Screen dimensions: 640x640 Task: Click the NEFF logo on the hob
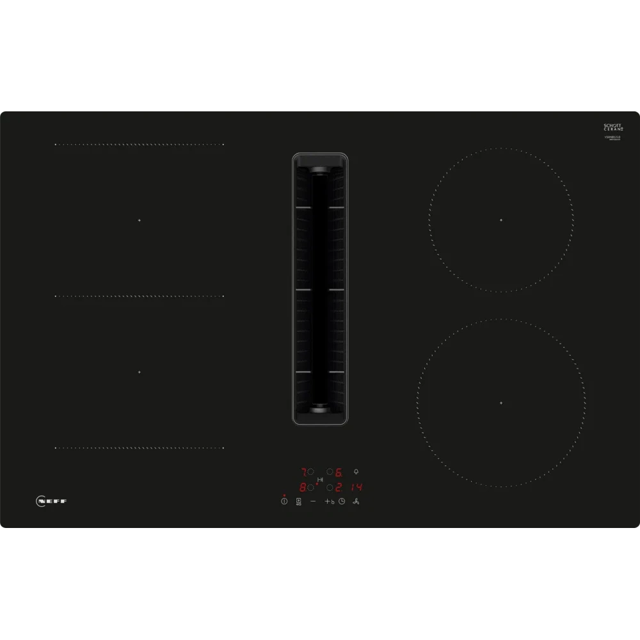[51, 501]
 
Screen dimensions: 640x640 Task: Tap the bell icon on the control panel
[356, 472]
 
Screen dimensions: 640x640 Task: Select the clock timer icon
[342, 501]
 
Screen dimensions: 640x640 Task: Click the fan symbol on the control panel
[356, 501]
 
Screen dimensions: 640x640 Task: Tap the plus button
[327, 501]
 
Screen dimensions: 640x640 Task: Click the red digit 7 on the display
[303, 472]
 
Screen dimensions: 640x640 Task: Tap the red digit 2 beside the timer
[339, 487]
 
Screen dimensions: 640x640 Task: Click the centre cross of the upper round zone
[501, 220]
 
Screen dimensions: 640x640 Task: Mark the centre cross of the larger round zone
[501, 403]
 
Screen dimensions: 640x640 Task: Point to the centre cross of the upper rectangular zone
[139, 220]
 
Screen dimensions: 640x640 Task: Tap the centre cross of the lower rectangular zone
[139, 372]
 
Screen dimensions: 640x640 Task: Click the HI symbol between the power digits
[321, 480]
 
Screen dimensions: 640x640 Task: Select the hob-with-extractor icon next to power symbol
[298, 501]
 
